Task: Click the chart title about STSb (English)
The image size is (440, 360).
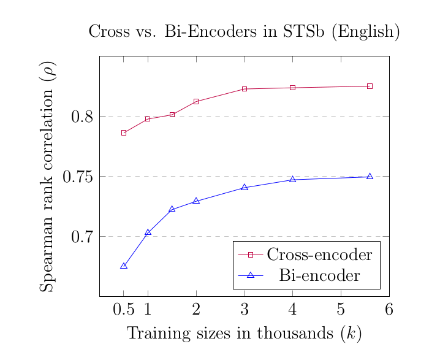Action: click(244, 32)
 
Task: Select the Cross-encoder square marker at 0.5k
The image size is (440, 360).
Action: click(124, 133)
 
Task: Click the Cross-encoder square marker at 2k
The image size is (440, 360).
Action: click(196, 101)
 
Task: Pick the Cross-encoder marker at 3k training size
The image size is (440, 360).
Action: click(244, 89)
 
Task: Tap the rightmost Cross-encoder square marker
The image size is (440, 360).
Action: click(370, 86)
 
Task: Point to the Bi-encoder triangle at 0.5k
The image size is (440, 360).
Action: click(124, 266)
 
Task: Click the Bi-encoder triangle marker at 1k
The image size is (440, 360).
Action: click(148, 232)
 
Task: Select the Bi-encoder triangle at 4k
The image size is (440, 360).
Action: click(292, 179)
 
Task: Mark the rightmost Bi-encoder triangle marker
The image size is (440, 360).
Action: click(370, 176)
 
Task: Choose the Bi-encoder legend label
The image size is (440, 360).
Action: click(319, 276)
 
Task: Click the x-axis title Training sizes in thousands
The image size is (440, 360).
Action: click(244, 334)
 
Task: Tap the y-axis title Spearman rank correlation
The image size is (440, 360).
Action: click(48, 177)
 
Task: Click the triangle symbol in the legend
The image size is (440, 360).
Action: click(249, 276)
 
